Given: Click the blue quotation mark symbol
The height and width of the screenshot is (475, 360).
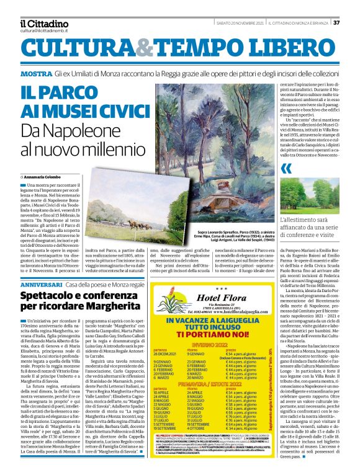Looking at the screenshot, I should point(286,169).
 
